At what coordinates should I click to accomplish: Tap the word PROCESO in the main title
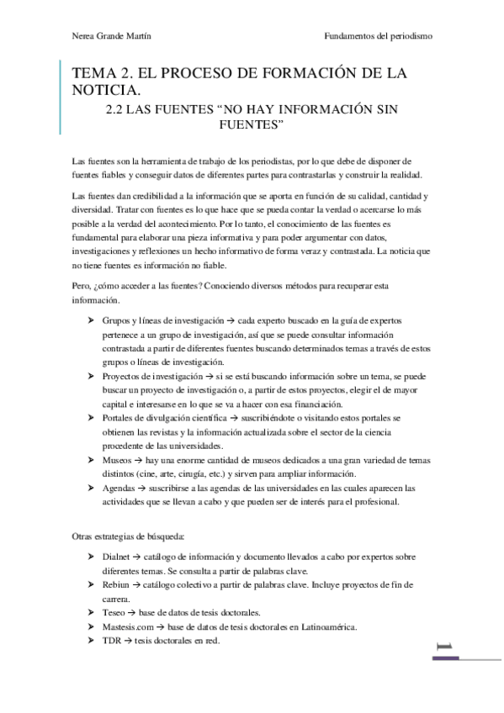[x=186, y=73]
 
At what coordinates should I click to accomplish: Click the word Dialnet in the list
[x=117, y=557]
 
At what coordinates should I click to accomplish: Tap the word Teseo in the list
[x=114, y=612]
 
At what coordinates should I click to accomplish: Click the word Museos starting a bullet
[x=118, y=460]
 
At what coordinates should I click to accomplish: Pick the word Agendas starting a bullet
[x=119, y=488]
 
